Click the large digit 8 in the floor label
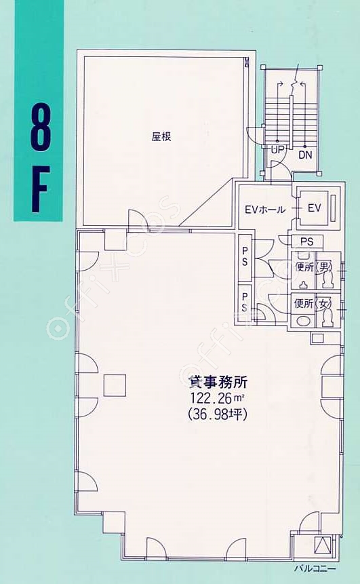click(39, 127)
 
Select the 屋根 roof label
click(161, 137)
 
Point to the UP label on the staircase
click(278, 150)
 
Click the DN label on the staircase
click(305, 155)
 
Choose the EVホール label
click(265, 210)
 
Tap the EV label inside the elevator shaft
click(314, 208)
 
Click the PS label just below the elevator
click(306, 241)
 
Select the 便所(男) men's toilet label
click(313, 267)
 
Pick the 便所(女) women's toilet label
click(313, 304)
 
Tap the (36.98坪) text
click(218, 414)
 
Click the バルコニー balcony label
click(315, 568)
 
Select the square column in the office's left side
click(115, 385)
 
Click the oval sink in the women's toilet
click(302, 321)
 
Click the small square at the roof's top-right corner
click(247, 62)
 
